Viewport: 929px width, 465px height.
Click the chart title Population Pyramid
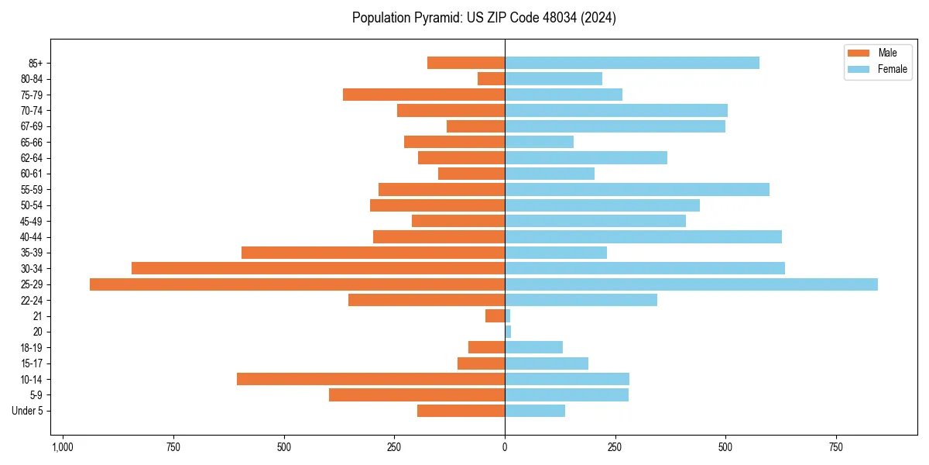[x=484, y=18]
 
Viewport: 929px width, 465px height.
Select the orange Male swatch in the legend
[x=859, y=53]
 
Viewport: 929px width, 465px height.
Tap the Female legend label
[x=892, y=69]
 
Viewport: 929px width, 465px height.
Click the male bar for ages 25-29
[x=297, y=284]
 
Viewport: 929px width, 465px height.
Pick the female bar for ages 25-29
[x=691, y=284]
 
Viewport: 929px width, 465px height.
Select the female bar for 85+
[x=632, y=63]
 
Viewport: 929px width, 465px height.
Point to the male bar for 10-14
[x=371, y=379]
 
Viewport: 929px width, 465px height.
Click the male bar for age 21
[x=495, y=315]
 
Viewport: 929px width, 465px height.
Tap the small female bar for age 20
[x=508, y=332]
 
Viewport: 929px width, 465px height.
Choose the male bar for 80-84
[x=492, y=78]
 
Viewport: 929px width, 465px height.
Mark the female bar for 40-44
[x=643, y=236]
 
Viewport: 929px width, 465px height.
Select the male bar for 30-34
[x=318, y=268]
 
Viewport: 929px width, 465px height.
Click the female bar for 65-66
[x=540, y=142]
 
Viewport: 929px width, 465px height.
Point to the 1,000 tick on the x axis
[x=63, y=447]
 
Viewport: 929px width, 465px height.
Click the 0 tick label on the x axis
[x=505, y=447]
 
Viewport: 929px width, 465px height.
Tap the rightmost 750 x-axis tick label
[x=836, y=447]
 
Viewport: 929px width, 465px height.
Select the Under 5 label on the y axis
[x=27, y=411]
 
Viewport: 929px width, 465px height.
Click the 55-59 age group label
[x=32, y=189]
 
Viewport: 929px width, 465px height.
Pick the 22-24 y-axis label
[x=32, y=300]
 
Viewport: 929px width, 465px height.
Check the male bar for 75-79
[x=424, y=95]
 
